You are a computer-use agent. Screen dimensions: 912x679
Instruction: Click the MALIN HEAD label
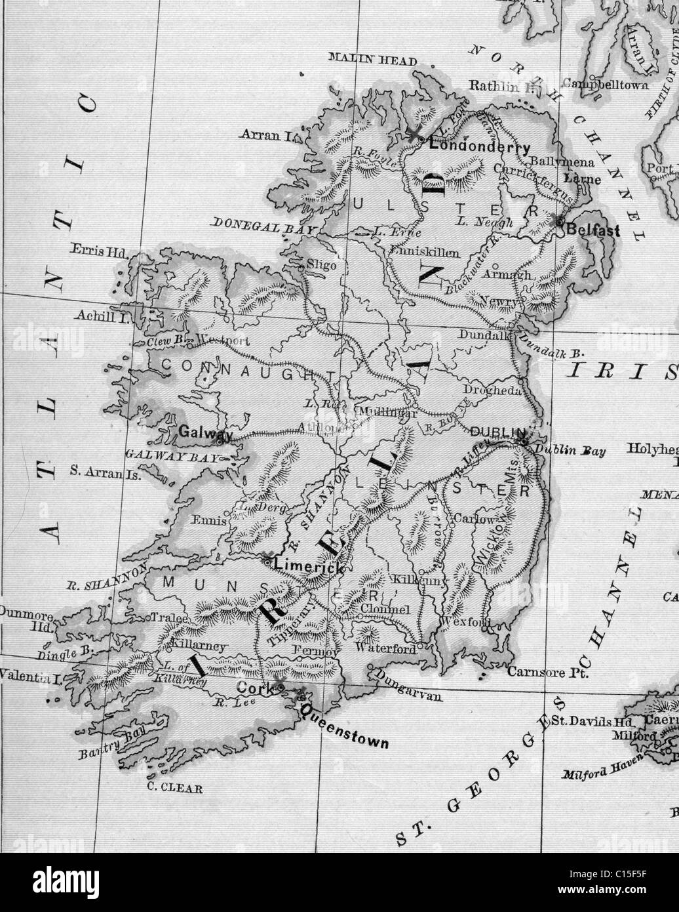(x=372, y=60)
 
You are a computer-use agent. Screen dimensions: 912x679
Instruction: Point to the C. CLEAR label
(x=174, y=789)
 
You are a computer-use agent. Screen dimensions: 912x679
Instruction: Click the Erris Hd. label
(x=99, y=252)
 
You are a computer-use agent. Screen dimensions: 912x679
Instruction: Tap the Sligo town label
(x=321, y=265)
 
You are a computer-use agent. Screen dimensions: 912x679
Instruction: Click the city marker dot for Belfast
(x=559, y=221)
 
